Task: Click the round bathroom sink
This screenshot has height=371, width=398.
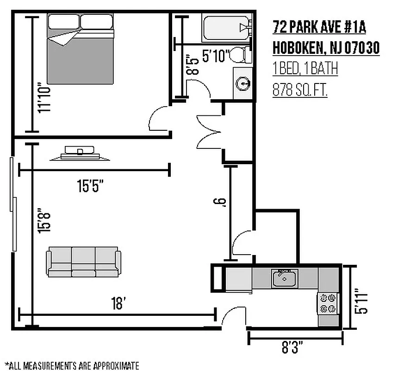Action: pos(243,83)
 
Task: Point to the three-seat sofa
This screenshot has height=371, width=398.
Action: pos(84,262)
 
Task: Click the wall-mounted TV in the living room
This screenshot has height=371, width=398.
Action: pos(81,154)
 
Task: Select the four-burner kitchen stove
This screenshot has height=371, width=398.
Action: pos(328,303)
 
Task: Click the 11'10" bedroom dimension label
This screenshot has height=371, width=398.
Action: pos(44,97)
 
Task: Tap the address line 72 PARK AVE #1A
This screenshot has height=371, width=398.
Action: pos(319,28)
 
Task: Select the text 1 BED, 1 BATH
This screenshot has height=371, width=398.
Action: pos(305,69)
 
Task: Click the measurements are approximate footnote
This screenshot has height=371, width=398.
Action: pos(72,365)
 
